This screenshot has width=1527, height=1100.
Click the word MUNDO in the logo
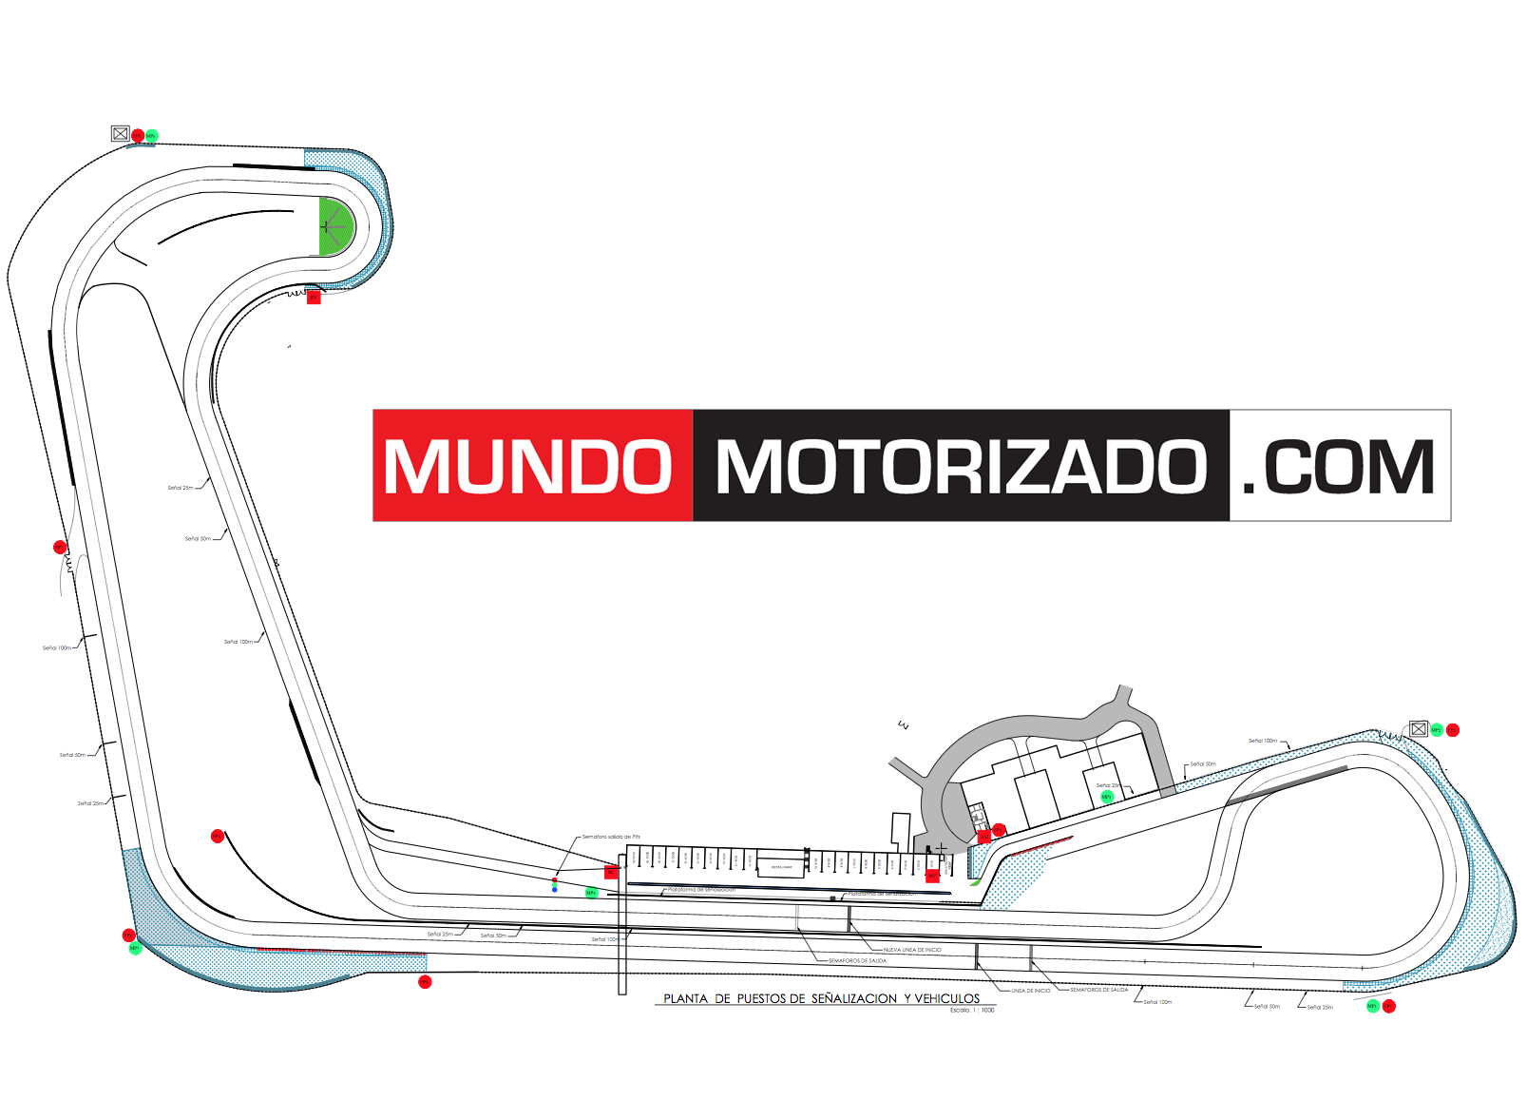[528, 466]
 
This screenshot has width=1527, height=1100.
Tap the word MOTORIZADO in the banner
[961, 466]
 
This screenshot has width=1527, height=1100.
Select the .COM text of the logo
[1339, 466]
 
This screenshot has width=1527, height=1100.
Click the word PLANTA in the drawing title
[685, 998]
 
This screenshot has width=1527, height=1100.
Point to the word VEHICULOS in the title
[946, 998]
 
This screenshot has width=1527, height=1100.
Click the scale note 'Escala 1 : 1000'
[971, 1010]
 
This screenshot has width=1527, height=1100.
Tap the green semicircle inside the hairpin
[334, 226]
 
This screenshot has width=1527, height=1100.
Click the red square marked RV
[314, 298]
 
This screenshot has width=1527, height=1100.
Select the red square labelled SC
[612, 872]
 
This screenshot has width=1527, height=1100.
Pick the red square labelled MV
[932, 876]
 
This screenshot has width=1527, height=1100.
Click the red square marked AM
[984, 837]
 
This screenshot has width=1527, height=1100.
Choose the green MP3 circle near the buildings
[1106, 797]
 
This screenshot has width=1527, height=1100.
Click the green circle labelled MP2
[1437, 730]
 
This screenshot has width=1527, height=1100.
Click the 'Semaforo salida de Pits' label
[611, 837]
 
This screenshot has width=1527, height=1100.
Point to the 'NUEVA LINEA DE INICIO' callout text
[912, 950]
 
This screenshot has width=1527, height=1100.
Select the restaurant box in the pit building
[781, 867]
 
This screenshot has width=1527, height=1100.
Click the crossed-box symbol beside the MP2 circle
[1419, 729]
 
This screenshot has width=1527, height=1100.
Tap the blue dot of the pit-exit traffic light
[554, 890]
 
